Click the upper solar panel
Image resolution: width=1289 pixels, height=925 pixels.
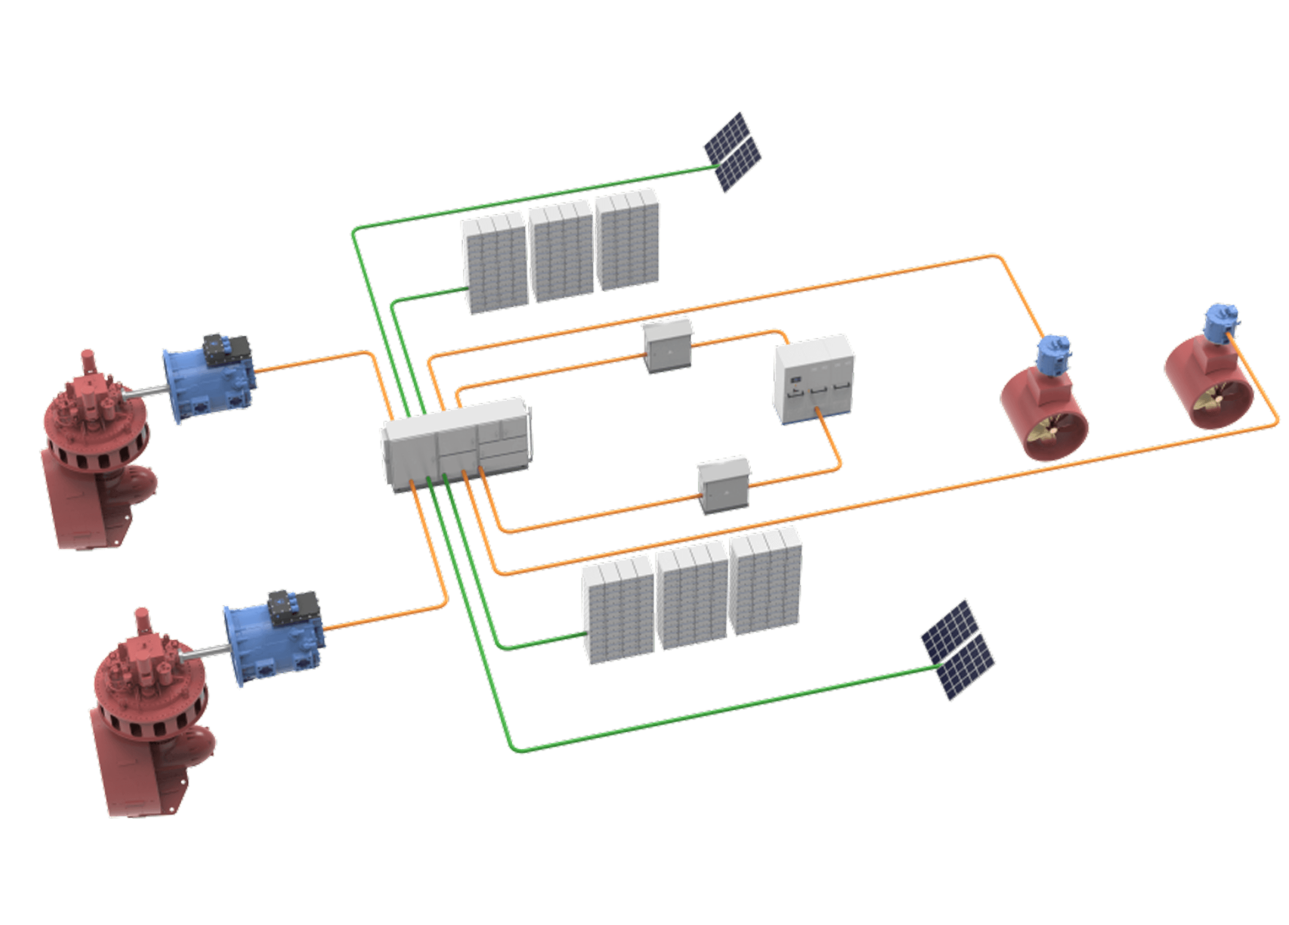[733, 152]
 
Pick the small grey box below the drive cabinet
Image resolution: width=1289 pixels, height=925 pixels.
[723, 486]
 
